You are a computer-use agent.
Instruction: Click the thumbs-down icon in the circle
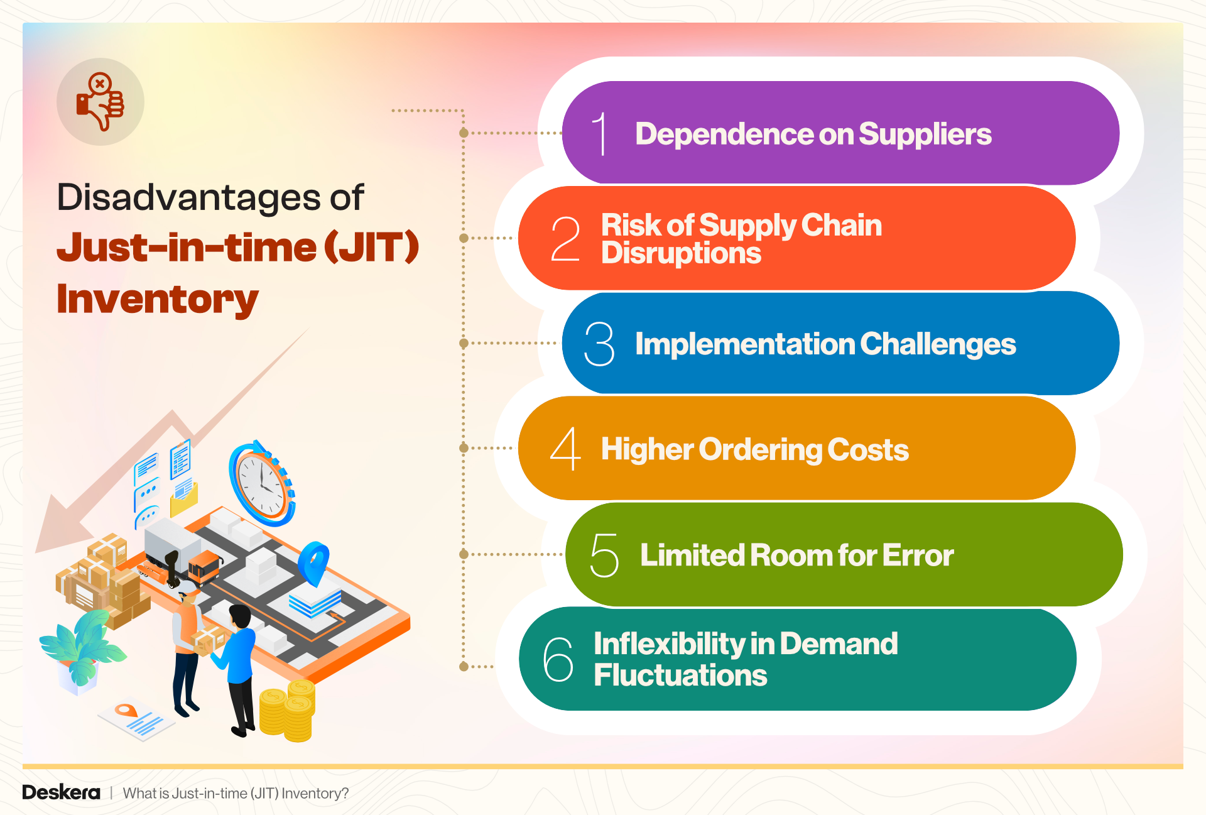click(x=100, y=102)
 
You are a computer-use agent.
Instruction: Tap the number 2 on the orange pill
click(x=565, y=239)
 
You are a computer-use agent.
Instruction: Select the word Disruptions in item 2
click(x=681, y=253)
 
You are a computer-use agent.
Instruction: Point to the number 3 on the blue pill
click(x=599, y=344)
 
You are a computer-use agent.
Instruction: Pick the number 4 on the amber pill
click(x=565, y=449)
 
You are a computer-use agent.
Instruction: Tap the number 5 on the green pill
click(x=604, y=555)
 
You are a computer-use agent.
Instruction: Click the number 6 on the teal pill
click(x=558, y=659)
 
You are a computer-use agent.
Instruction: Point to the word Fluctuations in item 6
click(x=680, y=676)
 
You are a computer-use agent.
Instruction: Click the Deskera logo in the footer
click(x=61, y=792)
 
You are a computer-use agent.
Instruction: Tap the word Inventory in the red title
click(x=157, y=299)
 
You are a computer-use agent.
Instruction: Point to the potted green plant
click(x=80, y=650)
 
